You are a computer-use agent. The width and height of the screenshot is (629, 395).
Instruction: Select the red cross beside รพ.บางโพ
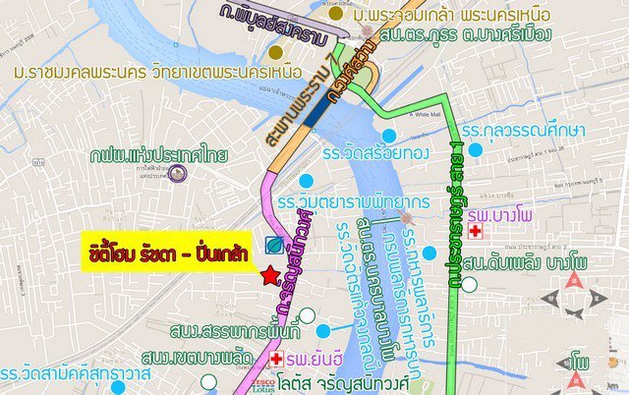(x=476, y=231)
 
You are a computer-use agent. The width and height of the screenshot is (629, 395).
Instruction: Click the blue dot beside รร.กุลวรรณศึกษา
(x=476, y=150)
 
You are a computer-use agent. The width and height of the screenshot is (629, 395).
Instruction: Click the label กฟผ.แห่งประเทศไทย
(x=173, y=154)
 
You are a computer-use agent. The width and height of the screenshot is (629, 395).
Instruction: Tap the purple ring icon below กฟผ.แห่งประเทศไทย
(x=177, y=175)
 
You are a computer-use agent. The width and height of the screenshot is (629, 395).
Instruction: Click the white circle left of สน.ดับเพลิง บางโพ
(x=471, y=285)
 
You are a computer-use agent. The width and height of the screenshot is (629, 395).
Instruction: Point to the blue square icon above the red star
(x=274, y=245)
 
